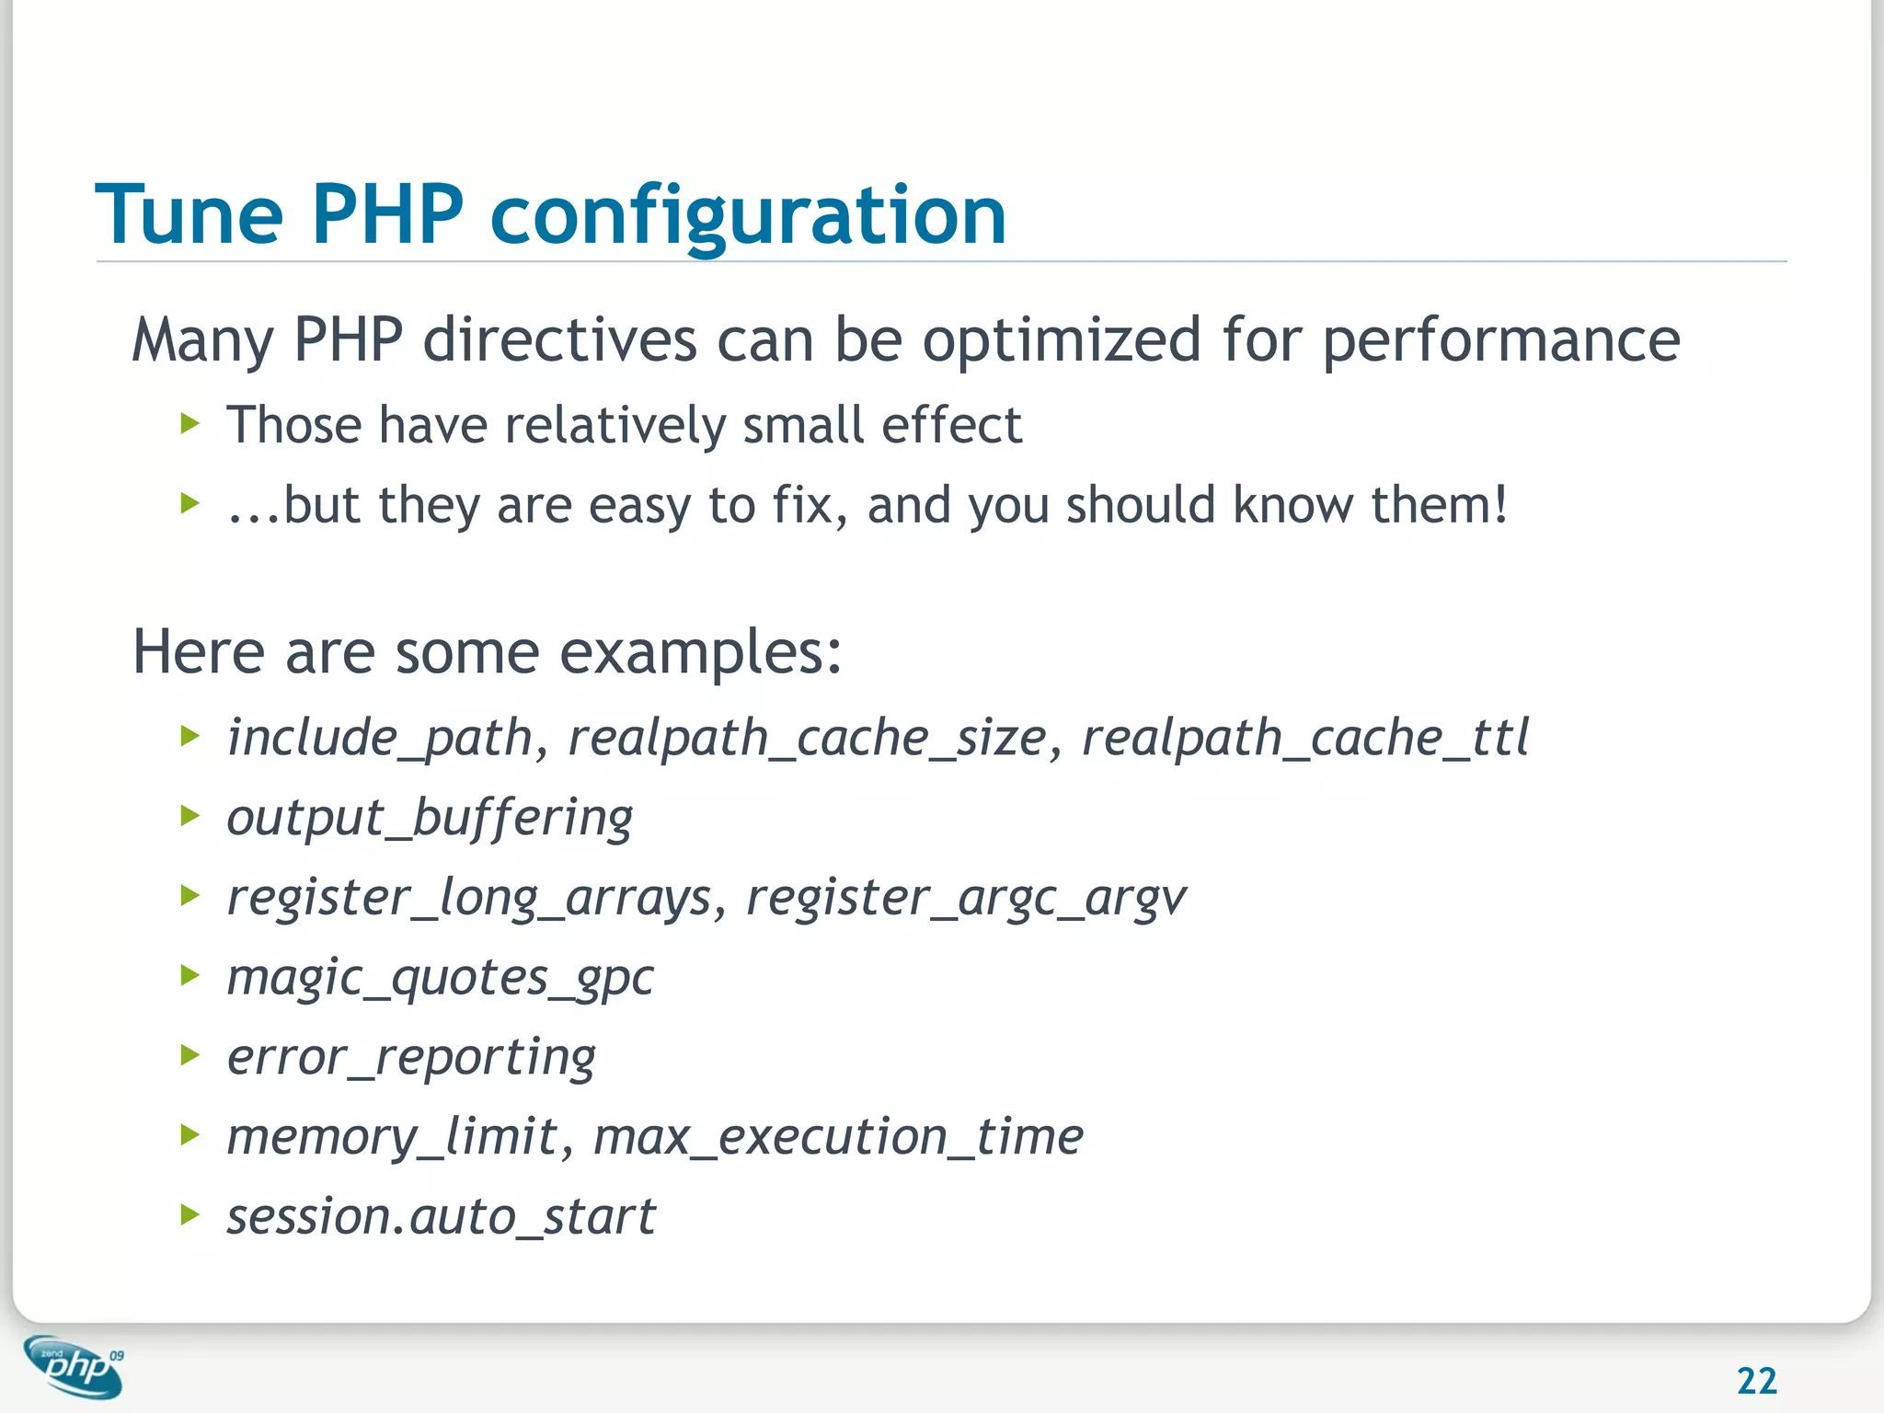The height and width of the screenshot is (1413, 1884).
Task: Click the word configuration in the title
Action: click(x=748, y=217)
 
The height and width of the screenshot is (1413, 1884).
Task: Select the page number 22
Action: click(x=1756, y=1381)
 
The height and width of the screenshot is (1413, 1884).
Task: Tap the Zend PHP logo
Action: click(x=74, y=1366)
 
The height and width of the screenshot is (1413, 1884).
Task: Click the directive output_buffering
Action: click(x=430, y=818)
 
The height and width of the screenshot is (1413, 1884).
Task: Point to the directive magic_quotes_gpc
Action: click(x=440, y=978)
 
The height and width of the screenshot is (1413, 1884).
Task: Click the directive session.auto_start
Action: click(x=441, y=1217)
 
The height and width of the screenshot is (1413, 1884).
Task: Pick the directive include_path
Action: click(x=380, y=739)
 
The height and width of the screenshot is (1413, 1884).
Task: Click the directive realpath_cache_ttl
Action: click(x=1304, y=739)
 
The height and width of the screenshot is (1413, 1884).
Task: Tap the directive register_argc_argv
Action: click(x=965, y=898)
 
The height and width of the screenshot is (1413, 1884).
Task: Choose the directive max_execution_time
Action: click(x=838, y=1137)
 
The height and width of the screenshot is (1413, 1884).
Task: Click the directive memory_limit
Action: click(x=392, y=1137)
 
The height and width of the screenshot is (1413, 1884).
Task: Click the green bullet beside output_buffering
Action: click(x=190, y=815)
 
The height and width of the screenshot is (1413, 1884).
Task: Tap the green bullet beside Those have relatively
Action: click(x=190, y=423)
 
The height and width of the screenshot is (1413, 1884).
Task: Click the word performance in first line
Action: click(x=1500, y=341)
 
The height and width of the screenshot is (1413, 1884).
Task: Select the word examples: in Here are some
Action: click(x=700, y=652)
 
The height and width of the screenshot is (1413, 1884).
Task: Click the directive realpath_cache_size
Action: click(x=807, y=739)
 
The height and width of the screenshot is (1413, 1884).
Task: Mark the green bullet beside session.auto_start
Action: click(x=190, y=1214)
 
